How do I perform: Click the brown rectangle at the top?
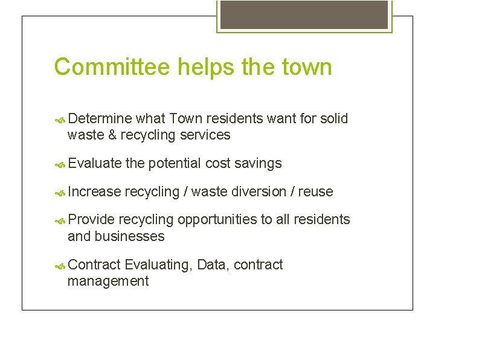(304, 14)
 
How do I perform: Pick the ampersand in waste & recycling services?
(112, 135)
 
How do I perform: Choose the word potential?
(175, 163)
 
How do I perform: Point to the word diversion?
(260, 191)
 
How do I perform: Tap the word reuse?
(315, 192)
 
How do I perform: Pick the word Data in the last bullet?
(212, 265)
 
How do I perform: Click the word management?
(108, 281)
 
